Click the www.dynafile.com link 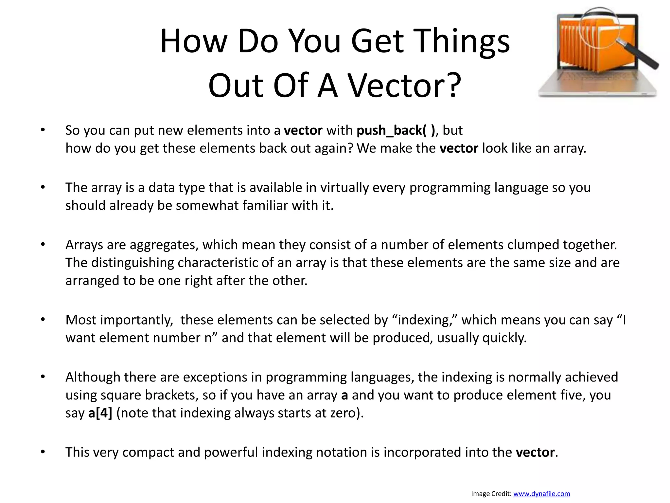[x=541, y=494]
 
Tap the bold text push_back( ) [x=396, y=130]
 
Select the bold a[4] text [x=100, y=413]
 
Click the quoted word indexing [x=422, y=320]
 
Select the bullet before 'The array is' [x=43, y=188]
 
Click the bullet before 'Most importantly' [x=43, y=320]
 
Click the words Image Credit [x=491, y=494]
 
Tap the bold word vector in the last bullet [x=535, y=452]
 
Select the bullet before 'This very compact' [x=43, y=452]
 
